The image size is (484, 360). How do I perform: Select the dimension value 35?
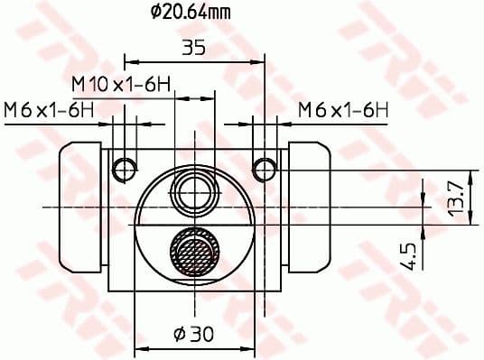click(x=193, y=47)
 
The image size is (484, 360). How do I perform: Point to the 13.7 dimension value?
click(x=458, y=197)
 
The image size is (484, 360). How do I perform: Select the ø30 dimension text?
click(x=193, y=334)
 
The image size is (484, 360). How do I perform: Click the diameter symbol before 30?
click(x=179, y=334)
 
